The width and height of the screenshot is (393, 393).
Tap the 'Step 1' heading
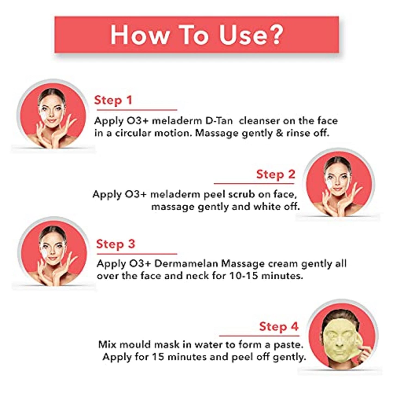point(113,100)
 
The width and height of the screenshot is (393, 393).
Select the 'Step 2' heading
point(275,174)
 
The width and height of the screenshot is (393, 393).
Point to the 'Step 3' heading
point(115,244)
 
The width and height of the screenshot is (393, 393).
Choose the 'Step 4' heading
point(278,326)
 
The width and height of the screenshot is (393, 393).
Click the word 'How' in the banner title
point(139,35)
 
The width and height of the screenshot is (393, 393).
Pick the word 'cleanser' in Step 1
point(259,121)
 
